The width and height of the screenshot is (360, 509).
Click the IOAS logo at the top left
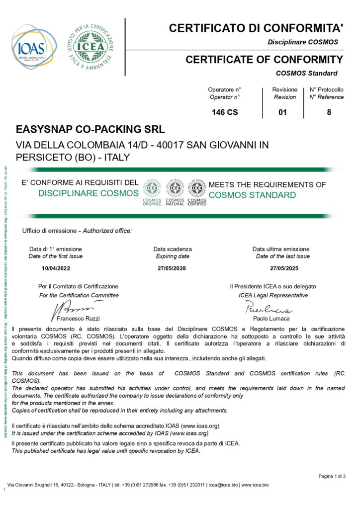pos(32,47)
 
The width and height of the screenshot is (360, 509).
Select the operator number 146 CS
pos(225,112)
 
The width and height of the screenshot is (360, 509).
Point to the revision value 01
pos(282,112)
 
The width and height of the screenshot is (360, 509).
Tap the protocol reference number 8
pos(329,112)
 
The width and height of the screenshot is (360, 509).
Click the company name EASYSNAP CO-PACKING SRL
pos(90,129)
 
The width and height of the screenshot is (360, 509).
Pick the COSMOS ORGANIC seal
pos(152,192)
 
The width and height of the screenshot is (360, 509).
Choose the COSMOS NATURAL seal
pos(175,192)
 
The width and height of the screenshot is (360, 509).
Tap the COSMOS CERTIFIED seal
pos(197,192)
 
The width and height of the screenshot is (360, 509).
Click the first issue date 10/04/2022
pos(56,268)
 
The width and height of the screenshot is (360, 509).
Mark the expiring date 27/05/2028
pos(173,268)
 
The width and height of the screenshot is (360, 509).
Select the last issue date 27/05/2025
pos(283,268)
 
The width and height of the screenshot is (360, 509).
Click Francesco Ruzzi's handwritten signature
pos(70,308)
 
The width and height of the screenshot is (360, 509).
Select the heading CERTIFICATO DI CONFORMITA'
pos(256,28)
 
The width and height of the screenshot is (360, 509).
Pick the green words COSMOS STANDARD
pos(252,195)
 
